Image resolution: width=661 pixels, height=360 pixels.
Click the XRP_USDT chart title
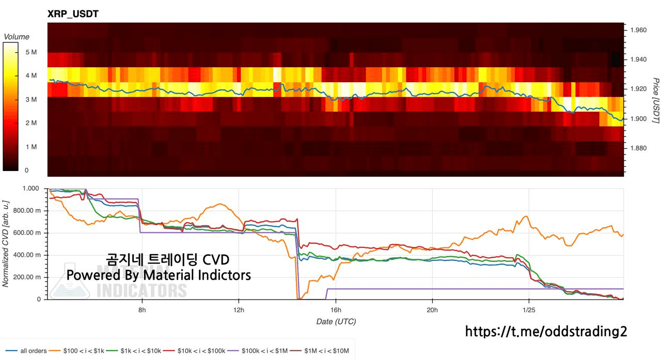73,14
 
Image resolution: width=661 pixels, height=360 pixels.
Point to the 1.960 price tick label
638,30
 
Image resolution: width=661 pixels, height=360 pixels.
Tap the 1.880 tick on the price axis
638,148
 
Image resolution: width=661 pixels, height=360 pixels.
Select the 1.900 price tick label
638,119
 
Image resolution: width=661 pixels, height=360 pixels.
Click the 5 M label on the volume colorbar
31,52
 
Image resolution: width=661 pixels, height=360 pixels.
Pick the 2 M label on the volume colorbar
31,123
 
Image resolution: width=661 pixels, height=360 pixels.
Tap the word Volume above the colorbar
17,37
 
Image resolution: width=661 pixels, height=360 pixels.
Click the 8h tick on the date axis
142,310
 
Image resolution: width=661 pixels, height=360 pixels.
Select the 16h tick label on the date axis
336,310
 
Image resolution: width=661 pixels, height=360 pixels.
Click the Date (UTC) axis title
336,321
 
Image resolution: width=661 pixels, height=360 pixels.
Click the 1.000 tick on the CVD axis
35,189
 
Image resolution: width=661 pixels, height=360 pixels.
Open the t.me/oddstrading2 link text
546,331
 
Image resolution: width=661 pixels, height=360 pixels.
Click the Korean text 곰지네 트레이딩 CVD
167,259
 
